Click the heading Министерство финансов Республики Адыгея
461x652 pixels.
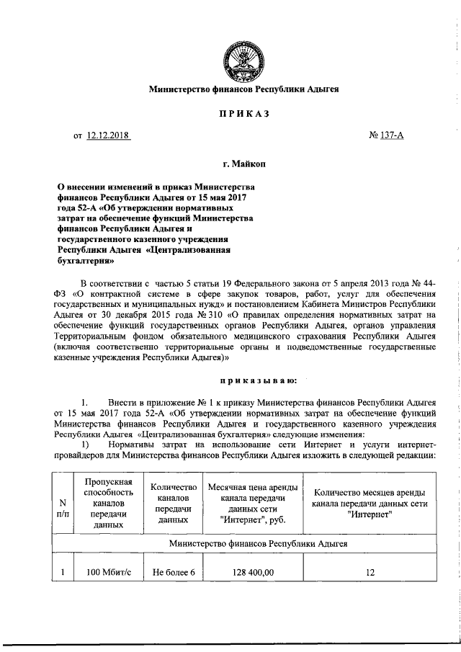[x=243, y=90]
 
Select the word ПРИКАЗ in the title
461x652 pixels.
[x=243, y=114]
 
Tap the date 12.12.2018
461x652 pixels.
[x=108, y=135]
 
